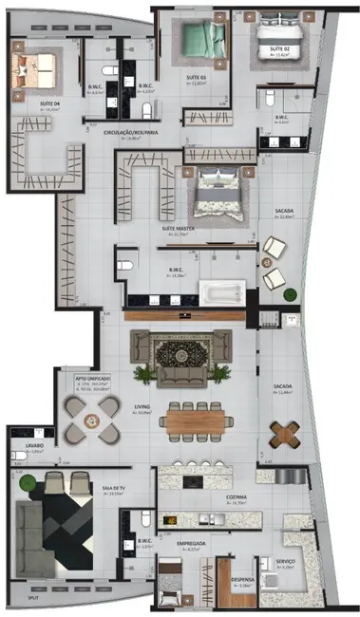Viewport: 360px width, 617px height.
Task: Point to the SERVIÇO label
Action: (286, 561)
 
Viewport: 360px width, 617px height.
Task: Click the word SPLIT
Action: (33, 599)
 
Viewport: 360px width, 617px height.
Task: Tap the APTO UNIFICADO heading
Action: (93, 377)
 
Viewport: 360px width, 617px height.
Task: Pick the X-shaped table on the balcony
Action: (284, 432)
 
